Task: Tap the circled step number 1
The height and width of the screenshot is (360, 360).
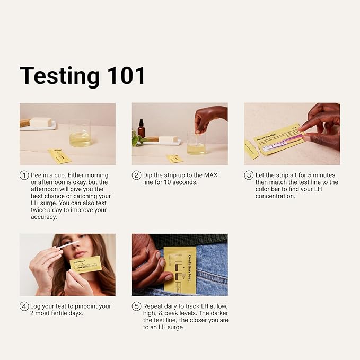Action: click(24, 175)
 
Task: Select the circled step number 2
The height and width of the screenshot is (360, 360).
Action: click(136, 175)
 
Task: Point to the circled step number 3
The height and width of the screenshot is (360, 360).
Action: click(249, 175)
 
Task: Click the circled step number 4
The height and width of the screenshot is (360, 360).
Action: click(24, 306)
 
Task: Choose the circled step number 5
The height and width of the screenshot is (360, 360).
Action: click(136, 306)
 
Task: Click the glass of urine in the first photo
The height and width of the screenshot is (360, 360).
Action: click(80, 136)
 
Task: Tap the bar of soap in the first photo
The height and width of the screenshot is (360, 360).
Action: click(40, 122)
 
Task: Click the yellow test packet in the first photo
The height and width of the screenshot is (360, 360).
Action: click(59, 156)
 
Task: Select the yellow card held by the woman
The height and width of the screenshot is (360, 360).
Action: click(85, 264)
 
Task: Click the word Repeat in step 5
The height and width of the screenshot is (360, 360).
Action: click(154, 306)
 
